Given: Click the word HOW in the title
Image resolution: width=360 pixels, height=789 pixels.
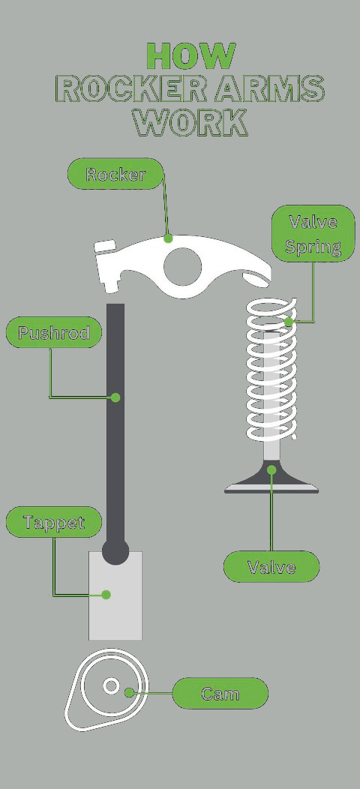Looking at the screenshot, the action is click(x=190, y=55).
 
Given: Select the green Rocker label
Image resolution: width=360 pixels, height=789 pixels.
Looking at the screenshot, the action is click(x=115, y=173).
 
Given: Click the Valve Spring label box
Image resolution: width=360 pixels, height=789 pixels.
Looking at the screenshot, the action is click(x=313, y=233).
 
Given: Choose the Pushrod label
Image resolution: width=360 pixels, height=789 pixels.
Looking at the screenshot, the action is click(x=54, y=332).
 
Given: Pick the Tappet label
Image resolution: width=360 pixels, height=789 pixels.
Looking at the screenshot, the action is click(x=54, y=522).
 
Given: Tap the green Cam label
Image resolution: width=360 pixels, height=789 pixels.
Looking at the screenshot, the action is click(x=220, y=694).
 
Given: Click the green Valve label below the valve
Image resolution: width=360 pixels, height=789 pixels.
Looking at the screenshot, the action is click(x=271, y=566).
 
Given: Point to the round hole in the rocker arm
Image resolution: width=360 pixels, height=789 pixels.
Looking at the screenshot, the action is click(x=182, y=266).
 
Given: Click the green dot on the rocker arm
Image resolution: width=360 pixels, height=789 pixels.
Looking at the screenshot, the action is click(x=168, y=238).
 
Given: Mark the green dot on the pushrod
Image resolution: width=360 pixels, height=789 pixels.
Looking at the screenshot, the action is click(x=115, y=397).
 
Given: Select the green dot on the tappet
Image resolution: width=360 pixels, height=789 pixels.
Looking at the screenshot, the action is click(x=106, y=595).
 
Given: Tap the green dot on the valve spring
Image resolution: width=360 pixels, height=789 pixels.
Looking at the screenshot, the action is click(x=289, y=322).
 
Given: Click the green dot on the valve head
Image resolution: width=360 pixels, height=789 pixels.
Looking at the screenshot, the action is click(x=271, y=470).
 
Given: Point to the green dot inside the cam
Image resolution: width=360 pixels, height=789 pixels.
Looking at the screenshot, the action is click(x=130, y=693).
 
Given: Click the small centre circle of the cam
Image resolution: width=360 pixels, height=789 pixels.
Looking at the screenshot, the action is click(x=111, y=685).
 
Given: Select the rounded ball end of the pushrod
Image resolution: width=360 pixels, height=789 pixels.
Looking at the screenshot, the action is click(x=115, y=552).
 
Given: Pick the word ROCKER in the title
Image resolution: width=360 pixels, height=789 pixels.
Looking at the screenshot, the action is click(x=129, y=88).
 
